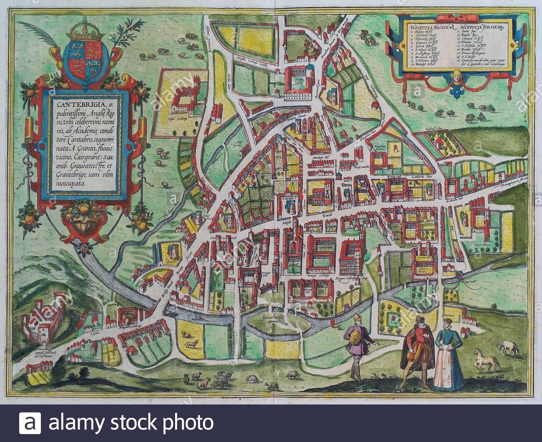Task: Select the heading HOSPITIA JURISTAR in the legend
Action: pos(482,28)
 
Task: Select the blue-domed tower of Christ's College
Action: pos(309,66)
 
